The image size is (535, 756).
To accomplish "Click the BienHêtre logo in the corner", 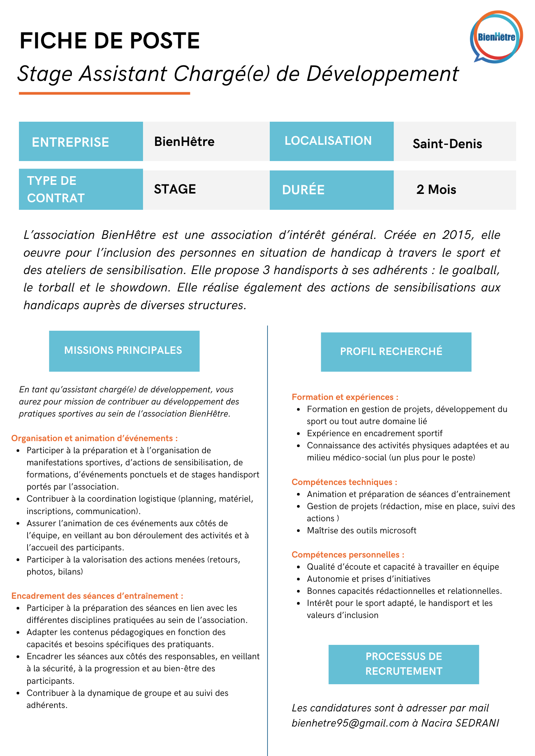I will click(x=496, y=37).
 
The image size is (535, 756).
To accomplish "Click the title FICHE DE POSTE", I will click(x=110, y=41).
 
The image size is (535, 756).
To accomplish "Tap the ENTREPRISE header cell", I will click(x=81, y=142).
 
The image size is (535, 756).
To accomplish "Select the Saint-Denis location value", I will click(x=447, y=144).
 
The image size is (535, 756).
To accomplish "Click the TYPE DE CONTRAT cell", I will click(x=81, y=189).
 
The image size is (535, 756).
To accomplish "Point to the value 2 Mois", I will click(x=436, y=189).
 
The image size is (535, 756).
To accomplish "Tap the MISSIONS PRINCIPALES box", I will click(x=124, y=351).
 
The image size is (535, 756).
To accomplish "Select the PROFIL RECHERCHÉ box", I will click(x=396, y=352).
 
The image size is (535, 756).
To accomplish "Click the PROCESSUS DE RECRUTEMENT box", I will click(x=403, y=664).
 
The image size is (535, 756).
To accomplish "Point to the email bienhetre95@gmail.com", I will click(x=350, y=723).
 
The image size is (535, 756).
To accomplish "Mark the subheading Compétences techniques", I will click(x=344, y=482).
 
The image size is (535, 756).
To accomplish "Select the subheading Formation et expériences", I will click(x=345, y=397).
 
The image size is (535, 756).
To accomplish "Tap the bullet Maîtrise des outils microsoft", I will click(x=361, y=531).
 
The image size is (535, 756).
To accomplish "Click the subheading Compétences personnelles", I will click(x=348, y=555).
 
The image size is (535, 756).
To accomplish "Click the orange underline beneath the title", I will click(x=104, y=93).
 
